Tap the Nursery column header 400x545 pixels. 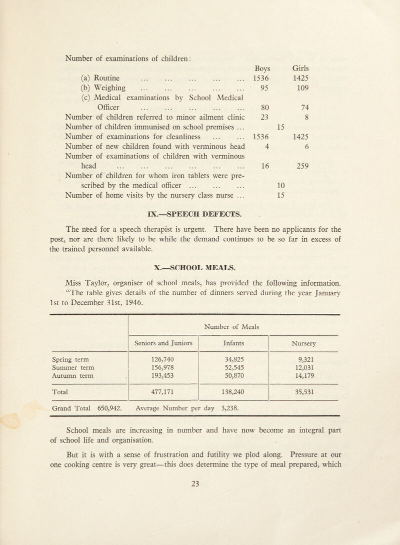304,343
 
